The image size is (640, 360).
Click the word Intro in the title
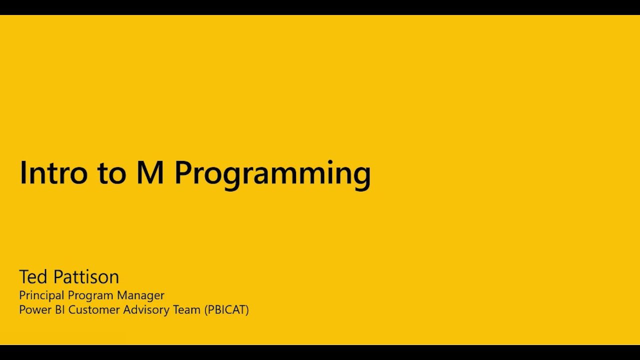coord(53,172)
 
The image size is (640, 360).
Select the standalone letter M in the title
coord(150,172)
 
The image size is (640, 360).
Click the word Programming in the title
coord(272,175)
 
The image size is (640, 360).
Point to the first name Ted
coord(33,276)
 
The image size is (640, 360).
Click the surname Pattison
coord(86,276)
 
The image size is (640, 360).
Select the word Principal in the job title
coord(41,295)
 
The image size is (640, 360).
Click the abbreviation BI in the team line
coord(59,309)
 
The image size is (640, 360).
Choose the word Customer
coord(94,309)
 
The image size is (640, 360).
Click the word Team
coord(186,309)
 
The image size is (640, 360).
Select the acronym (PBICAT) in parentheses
coord(226,310)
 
